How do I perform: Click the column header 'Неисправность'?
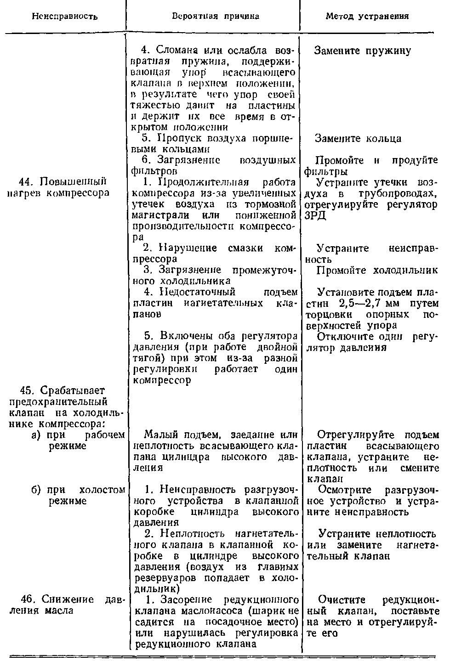coord(65,17)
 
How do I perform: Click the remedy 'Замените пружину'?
coord(362,51)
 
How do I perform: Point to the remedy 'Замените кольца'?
coord(359,138)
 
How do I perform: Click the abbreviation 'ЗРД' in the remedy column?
coord(315,215)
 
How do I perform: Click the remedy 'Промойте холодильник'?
coord(377,271)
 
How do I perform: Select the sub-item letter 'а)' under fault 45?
coord(37,435)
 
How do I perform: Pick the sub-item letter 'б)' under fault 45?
coord(37,490)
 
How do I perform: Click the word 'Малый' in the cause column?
coord(159,435)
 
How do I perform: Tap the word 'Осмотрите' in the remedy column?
coord(341,490)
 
